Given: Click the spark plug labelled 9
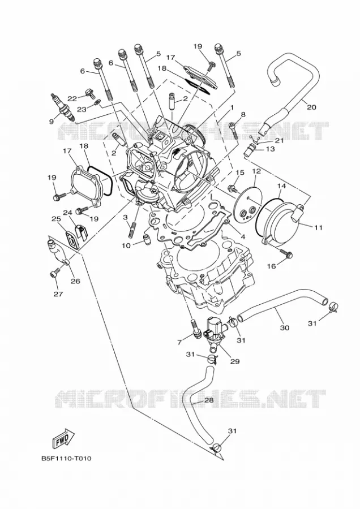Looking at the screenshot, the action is pos(63,108).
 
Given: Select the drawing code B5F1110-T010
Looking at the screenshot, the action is pos(66,459).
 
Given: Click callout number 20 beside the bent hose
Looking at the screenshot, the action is pos(311,107).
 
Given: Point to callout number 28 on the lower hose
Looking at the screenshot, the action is pos(209,400).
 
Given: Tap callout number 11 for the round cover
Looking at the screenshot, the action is pos(319,227).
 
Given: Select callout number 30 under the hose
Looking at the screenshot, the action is pos(284,328).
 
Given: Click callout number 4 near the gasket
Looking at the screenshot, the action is pos(242,237).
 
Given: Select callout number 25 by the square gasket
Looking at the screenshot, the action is pos(56,219).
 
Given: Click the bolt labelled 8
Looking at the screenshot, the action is pos(234,130).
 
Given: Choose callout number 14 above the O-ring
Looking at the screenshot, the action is pos(282,186).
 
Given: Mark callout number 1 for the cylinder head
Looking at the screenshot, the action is pos(232,107).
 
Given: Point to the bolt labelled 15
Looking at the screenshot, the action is pos(233,187).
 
